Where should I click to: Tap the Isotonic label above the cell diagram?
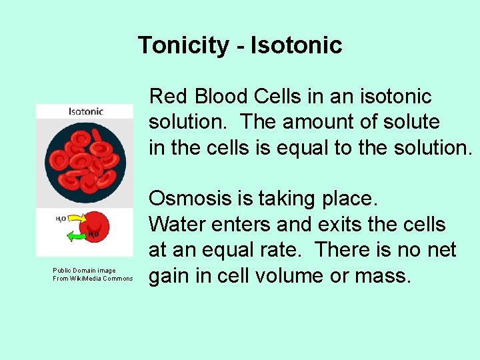click(85, 111)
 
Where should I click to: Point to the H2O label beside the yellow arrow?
click(61, 218)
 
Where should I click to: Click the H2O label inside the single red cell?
click(95, 234)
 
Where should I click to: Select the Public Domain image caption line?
click(84, 271)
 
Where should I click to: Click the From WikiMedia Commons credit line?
click(93, 279)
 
